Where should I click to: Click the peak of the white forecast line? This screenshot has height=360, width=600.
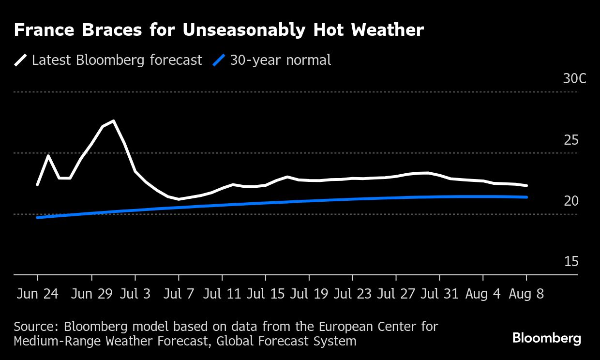113,121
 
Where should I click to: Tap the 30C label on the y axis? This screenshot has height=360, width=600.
574,79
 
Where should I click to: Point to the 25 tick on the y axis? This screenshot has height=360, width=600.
571,140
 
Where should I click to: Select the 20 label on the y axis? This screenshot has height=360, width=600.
571,201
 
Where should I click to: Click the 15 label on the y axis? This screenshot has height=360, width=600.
571,262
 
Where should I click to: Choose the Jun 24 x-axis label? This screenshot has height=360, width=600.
37,295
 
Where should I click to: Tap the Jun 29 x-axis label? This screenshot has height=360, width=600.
91,295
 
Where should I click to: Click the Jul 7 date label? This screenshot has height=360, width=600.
179,295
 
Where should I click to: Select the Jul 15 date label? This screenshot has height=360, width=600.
265,295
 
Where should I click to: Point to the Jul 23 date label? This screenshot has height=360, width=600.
352,295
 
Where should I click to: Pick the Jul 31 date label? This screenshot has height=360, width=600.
439,295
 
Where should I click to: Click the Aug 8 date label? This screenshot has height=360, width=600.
526,295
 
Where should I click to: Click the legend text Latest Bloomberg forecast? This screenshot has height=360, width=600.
117,60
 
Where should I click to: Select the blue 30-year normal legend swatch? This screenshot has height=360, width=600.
219,60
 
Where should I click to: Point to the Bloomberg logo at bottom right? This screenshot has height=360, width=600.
546,338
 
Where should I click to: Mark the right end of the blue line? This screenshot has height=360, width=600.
526,197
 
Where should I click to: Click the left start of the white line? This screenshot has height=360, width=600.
37,184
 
